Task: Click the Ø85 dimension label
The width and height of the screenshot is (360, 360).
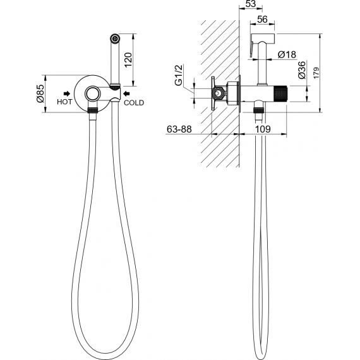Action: coord(40,93)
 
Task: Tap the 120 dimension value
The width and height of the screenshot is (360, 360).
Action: coord(129,60)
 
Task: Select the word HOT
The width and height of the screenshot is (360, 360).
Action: coord(64,102)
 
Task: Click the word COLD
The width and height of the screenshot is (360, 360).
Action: coord(134,102)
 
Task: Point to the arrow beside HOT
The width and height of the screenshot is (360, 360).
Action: coord(67,93)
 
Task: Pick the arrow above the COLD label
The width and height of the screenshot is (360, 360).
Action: coord(126,93)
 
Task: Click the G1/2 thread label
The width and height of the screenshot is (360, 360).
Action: coord(179,75)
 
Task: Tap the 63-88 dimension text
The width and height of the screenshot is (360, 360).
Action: coord(179,129)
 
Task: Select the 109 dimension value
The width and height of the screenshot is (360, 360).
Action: coord(263,129)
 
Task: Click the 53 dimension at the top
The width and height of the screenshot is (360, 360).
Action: coord(251,4)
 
